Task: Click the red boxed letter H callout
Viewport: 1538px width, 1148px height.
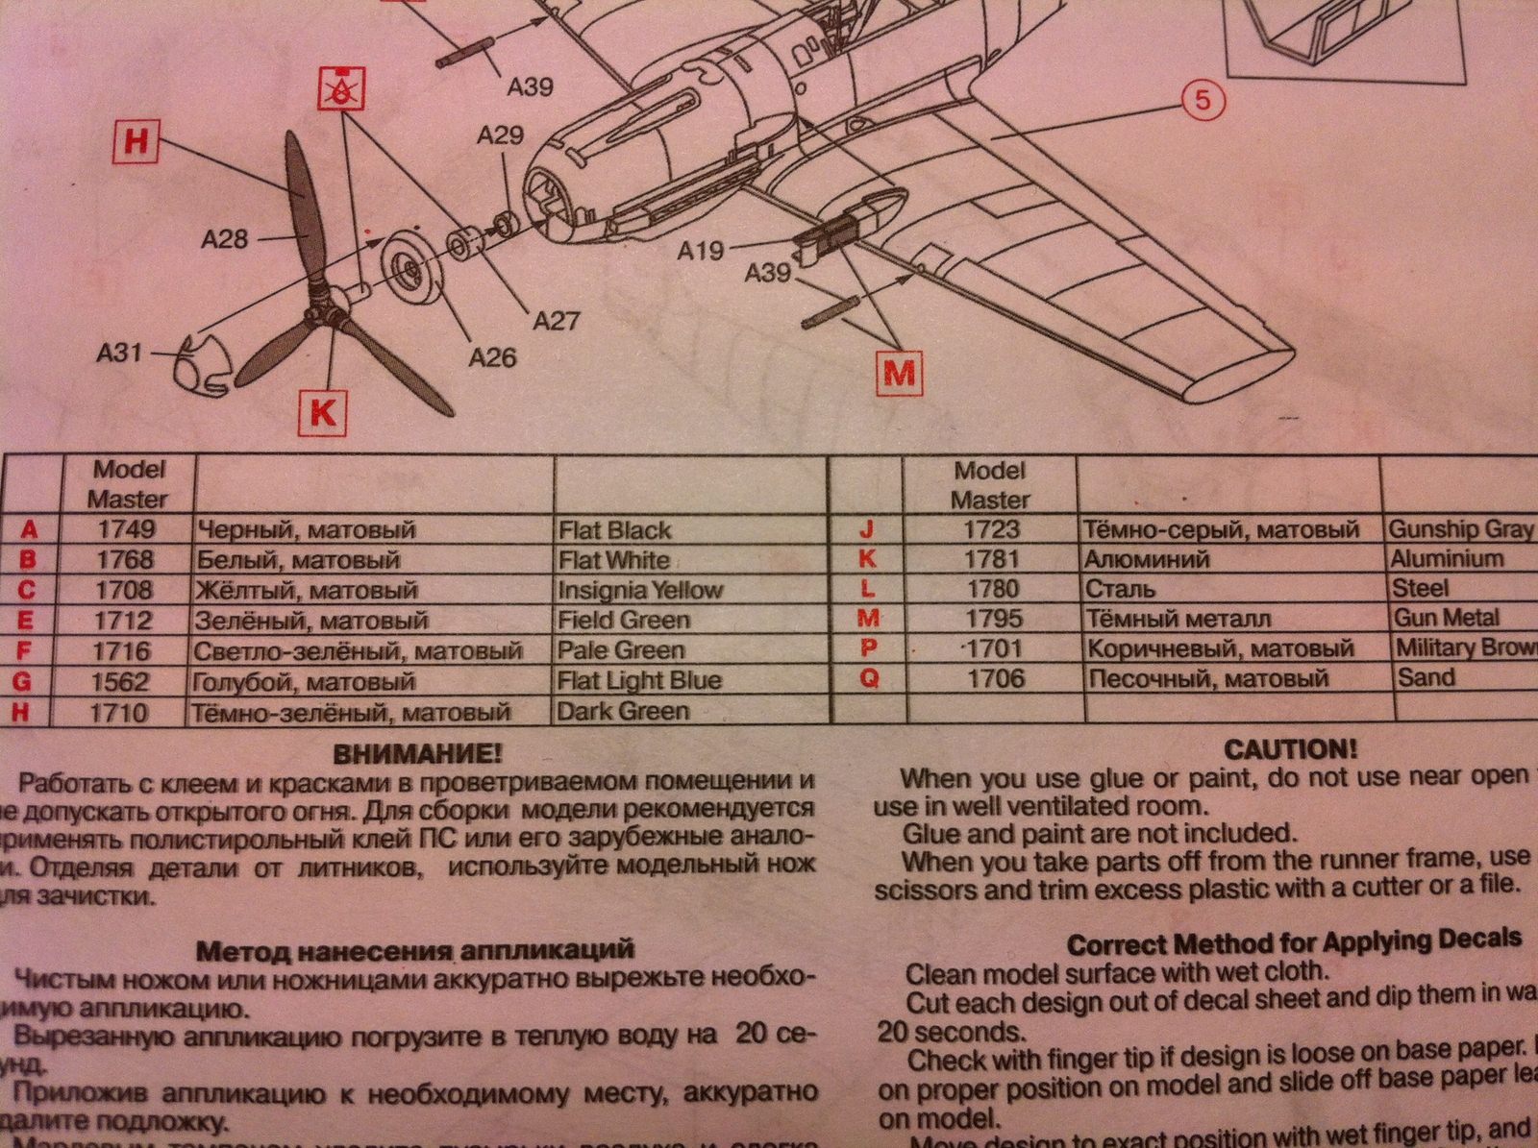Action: [x=136, y=140]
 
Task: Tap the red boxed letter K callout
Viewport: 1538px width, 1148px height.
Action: [x=323, y=411]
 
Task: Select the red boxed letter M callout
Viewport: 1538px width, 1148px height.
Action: [x=899, y=371]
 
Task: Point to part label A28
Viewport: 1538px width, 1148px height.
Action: [x=224, y=238]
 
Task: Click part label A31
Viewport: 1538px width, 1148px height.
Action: [x=119, y=353]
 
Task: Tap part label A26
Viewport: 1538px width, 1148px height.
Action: [x=492, y=357]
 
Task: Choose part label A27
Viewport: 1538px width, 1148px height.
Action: [x=556, y=319]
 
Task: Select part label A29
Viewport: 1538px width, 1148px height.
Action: [x=501, y=134]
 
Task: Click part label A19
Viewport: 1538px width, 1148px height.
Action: [x=700, y=251]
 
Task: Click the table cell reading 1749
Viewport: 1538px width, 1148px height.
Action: [x=125, y=529]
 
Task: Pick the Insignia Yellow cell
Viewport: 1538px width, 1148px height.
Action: [x=639, y=590]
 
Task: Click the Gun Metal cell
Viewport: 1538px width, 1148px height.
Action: [x=1446, y=618]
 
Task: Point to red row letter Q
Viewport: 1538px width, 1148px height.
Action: [x=869, y=678]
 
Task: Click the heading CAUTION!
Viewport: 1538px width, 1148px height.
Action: [x=1291, y=749]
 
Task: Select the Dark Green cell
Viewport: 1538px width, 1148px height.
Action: [x=624, y=712]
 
